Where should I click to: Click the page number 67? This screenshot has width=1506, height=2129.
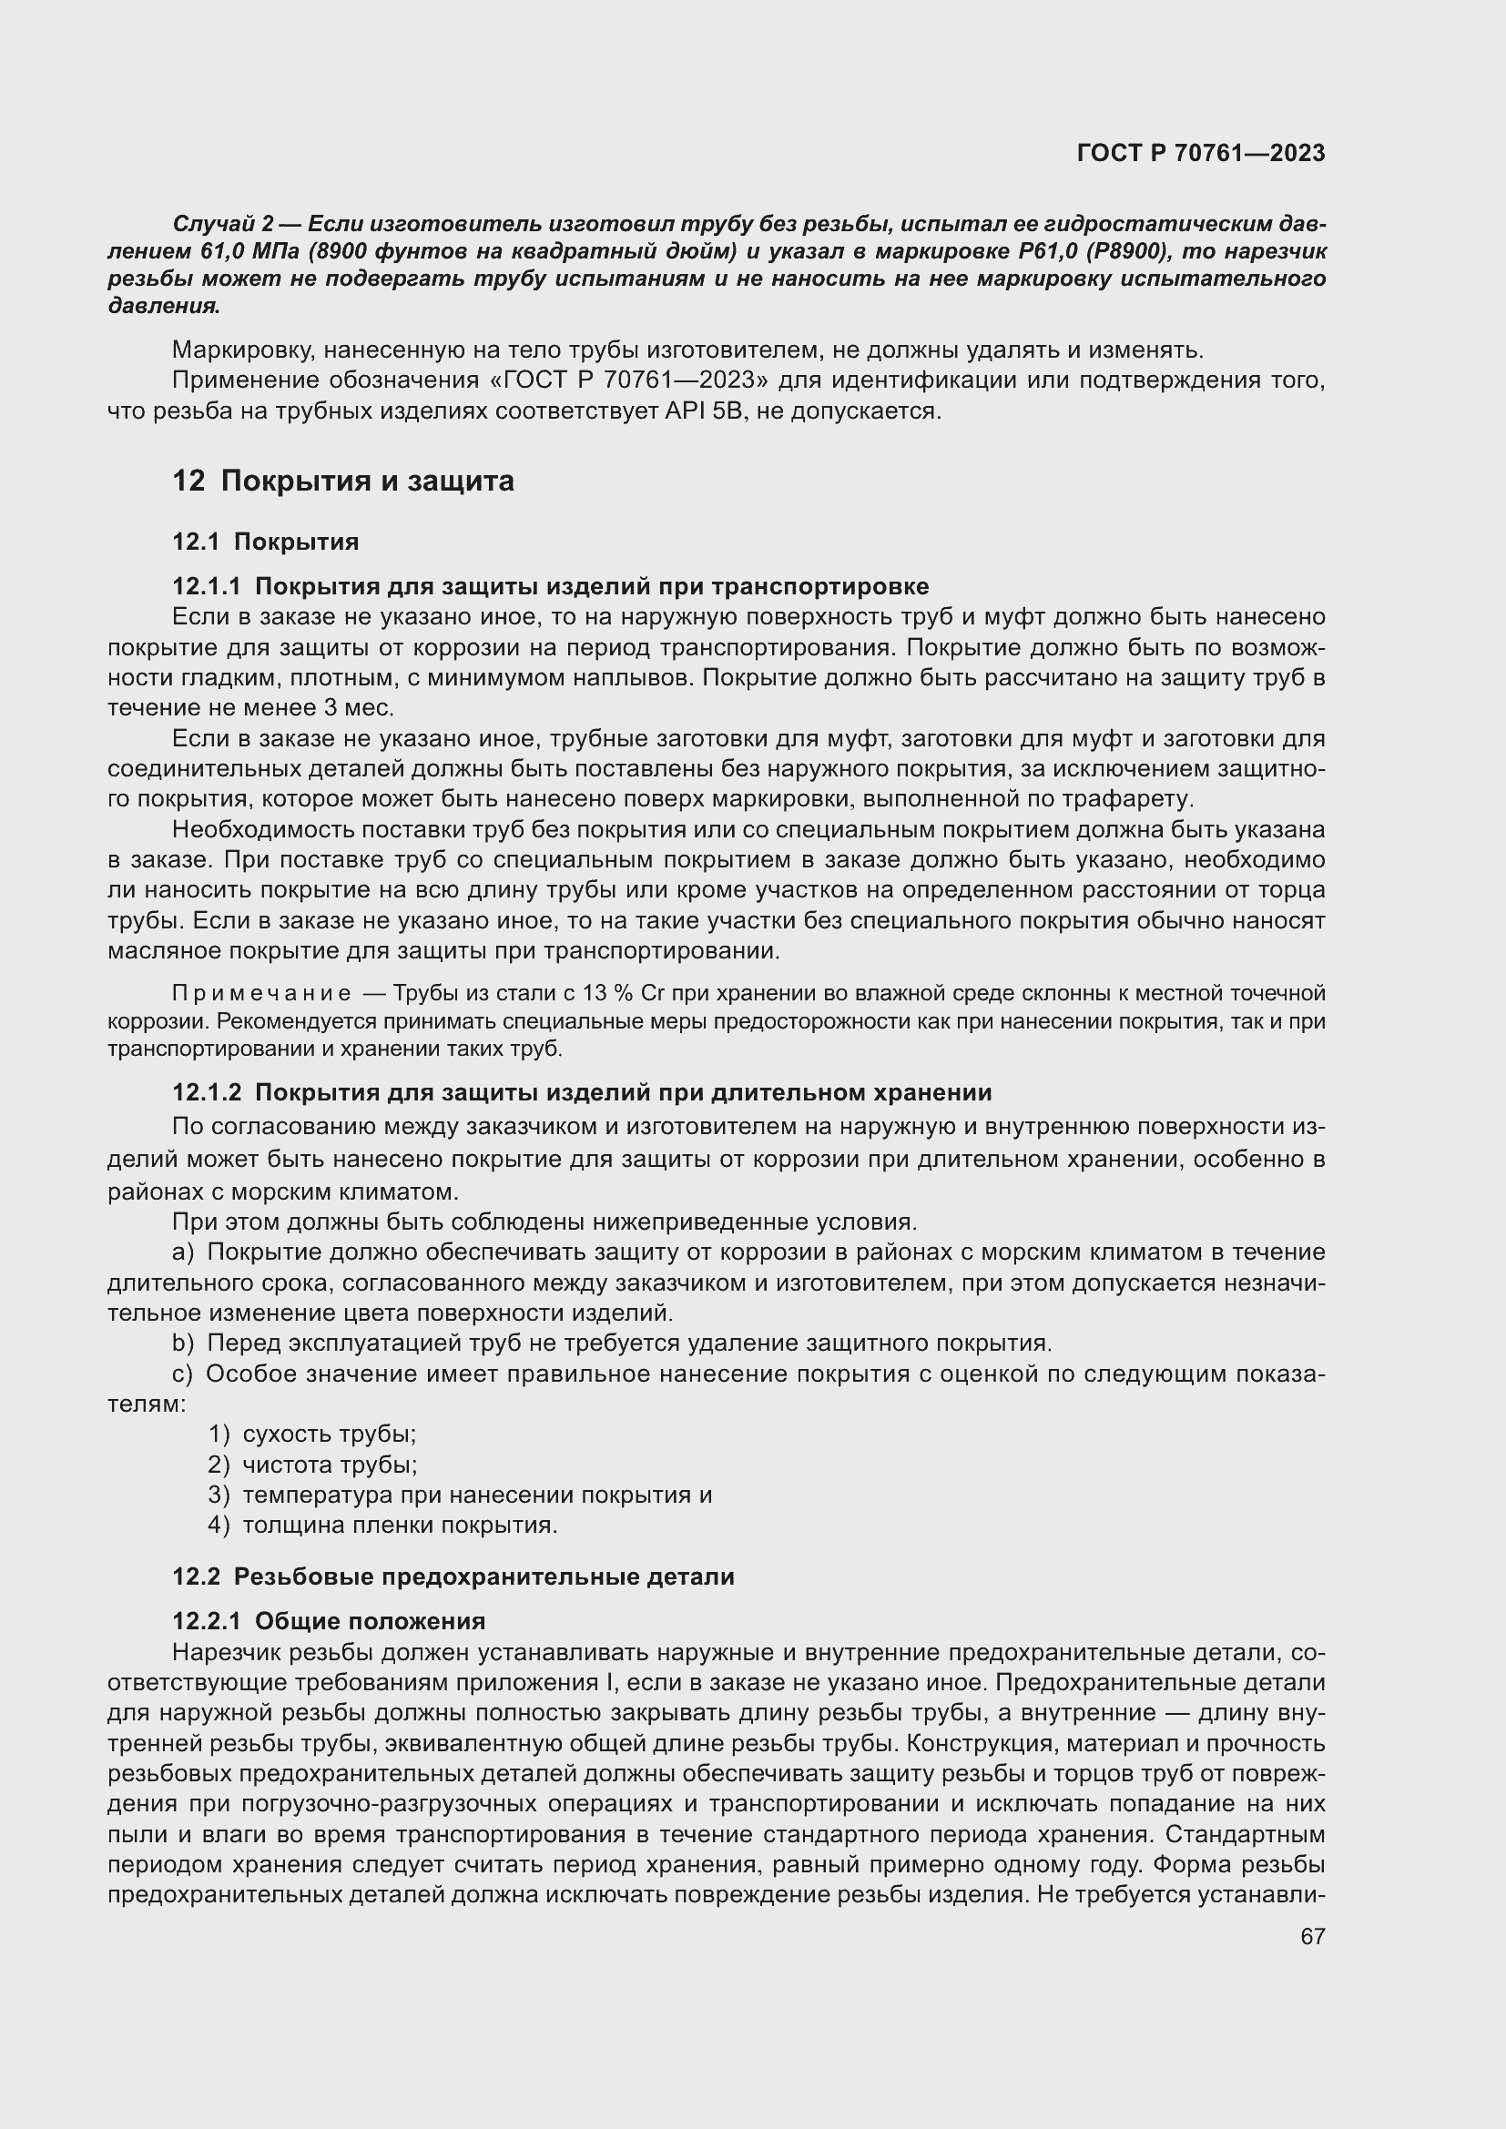click(x=1312, y=1936)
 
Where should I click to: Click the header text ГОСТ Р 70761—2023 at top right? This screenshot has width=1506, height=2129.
click(x=1201, y=153)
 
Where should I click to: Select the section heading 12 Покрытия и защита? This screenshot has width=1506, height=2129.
click(x=343, y=482)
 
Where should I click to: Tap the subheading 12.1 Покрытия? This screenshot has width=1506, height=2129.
click(x=265, y=542)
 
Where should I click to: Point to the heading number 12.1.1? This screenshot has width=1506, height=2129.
click(x=206, y=586)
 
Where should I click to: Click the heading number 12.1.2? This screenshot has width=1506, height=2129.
click(x=206, y=1092)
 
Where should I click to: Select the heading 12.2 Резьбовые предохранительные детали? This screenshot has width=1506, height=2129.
click(x=453, y=1576)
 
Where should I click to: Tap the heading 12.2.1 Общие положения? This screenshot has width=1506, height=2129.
click(x=329, y=1621)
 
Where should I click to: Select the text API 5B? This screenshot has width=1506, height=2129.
click(x=705, y=411)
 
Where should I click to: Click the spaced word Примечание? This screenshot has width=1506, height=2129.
click(x=261, y=993)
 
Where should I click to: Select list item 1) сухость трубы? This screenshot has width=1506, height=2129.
click(x=312, y=1434)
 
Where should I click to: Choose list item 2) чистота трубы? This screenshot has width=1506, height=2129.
click(x=312, y=1465)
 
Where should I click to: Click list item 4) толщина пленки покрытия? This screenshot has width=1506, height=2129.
click(x=382, y=1525)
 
